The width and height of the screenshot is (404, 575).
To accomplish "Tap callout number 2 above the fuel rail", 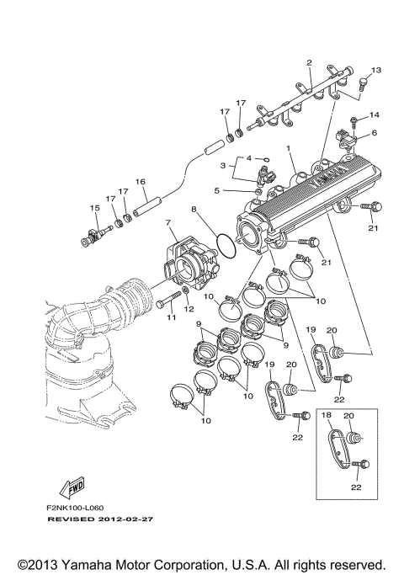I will (309, 63).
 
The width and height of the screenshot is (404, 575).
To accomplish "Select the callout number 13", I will (376, 70).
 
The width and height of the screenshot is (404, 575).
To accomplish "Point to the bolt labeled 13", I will (363, 84).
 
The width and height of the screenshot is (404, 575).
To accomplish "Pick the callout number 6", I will (374, 133).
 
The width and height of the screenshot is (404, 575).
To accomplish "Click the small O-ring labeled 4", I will (263, 157).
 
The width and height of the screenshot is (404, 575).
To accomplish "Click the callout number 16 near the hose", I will (141, 181).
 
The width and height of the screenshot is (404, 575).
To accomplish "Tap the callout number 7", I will (167, 222).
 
